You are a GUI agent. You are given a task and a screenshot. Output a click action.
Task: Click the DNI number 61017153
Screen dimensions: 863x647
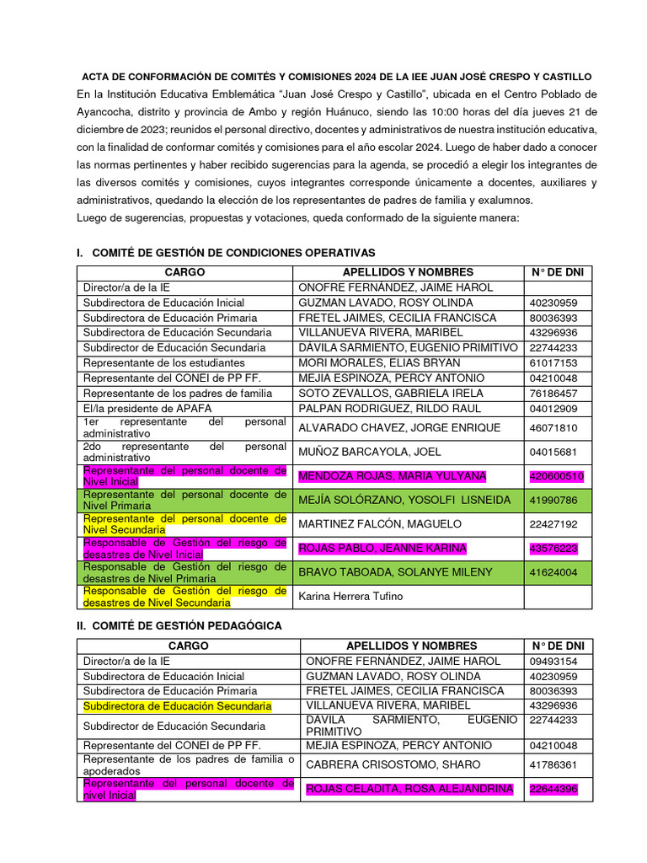pos(553,362)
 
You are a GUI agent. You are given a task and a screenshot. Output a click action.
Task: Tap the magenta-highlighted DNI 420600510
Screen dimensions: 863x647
pos(557,476)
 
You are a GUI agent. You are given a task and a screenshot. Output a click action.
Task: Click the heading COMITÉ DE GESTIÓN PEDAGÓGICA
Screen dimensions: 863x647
pos(187,625)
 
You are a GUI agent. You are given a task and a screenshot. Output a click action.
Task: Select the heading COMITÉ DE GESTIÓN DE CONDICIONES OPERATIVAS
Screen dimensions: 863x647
pos(233,253)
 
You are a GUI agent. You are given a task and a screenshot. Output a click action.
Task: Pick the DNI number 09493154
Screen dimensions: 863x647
pos(553,661)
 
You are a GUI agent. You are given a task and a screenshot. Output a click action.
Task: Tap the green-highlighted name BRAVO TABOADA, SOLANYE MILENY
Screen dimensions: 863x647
pos(395,572)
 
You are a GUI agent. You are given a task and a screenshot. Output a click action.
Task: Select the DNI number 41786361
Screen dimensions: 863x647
pos(553,764)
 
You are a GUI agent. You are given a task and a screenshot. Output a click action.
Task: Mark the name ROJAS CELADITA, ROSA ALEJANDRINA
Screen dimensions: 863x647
pos(409,789)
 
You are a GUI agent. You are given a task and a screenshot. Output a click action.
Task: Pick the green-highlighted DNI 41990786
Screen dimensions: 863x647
pos(553,500)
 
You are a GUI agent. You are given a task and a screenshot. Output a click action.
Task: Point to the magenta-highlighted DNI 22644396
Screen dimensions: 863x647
pos(554,789)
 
